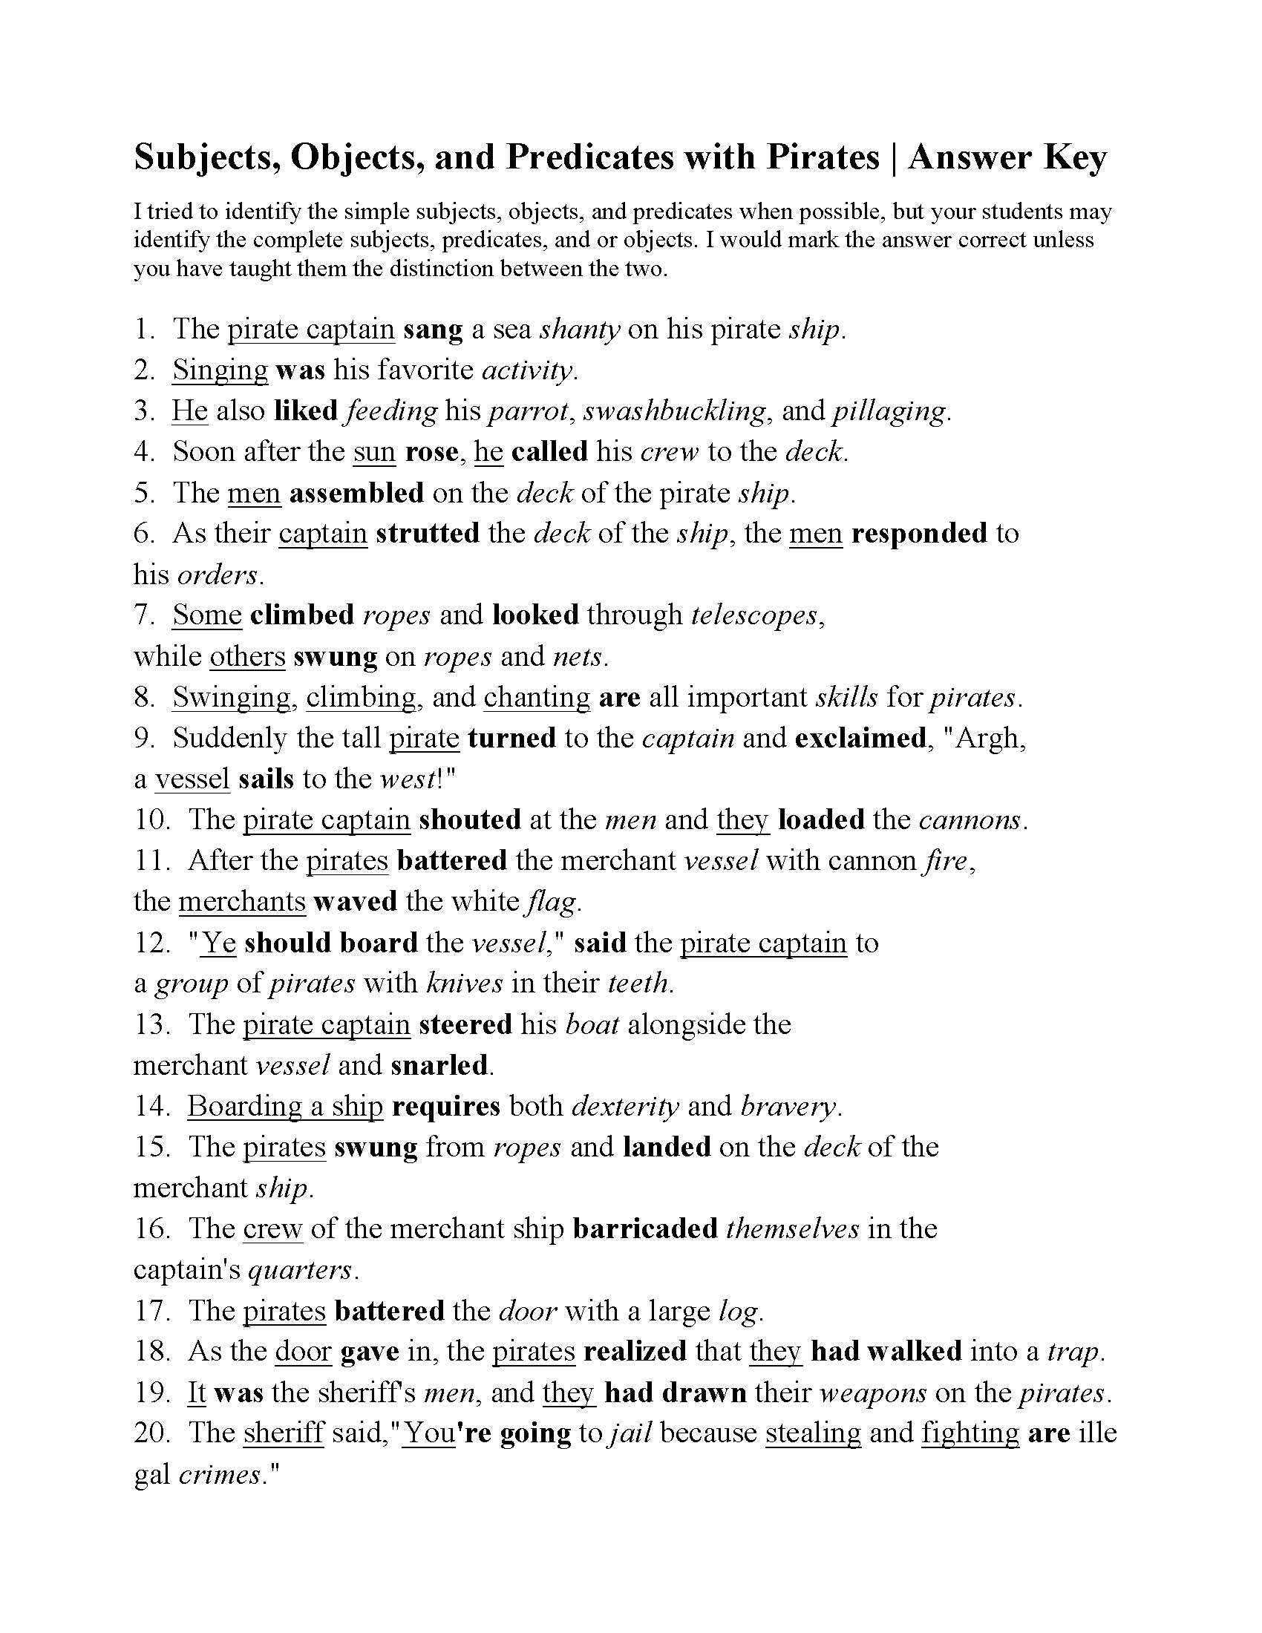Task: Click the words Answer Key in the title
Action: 1007,158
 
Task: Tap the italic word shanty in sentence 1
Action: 580,329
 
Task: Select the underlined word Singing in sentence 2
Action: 220,370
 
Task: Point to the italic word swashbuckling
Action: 674,410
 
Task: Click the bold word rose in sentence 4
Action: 436,451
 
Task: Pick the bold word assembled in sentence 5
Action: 356,493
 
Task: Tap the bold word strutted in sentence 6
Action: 427,533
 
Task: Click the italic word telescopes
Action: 755,615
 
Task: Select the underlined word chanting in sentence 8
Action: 537,697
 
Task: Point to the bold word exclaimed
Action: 860,738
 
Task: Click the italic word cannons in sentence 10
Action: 970,819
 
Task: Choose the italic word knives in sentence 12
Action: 464,984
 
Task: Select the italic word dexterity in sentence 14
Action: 625,1106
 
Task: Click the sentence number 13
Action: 152,1024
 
